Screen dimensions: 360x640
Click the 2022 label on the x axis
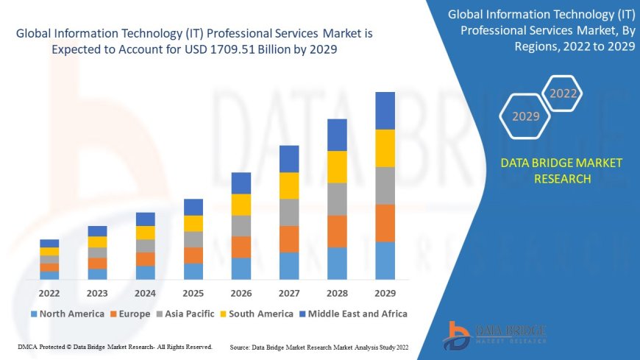pyautogui.click(x=49, y=293)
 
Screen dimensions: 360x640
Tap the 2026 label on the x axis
pyautogui.click(x=241, y=293)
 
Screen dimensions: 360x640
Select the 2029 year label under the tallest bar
pyautogui.click(x=385, y=293)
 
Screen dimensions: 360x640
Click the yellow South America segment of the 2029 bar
pyautogui.click(x=385, y=148)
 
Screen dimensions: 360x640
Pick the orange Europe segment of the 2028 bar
pyautogui.click(x=337, y=231)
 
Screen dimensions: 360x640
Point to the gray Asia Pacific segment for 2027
pyautogui.click(x=289, y=212)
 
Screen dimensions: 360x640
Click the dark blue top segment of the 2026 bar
pyautogui.click(x=241, y=183)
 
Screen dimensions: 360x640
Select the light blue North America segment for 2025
pyautogui.click(x=193, y=272)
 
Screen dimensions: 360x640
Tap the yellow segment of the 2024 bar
pyautogui.click(x=146, y=233)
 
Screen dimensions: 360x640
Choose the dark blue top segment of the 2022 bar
pyautogui.click(x=49, y=243)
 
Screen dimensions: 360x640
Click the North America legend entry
pyautogui.click(x=67, y=314)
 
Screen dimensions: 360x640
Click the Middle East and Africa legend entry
pyautogui.click(x=353, y=314)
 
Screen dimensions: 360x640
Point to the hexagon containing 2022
pyautogui.click(x=563, y=93)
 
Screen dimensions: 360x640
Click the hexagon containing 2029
pyautogui.click(x=525, y=116)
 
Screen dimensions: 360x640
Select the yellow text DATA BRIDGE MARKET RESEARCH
pyautogui.click(x=561, y=171)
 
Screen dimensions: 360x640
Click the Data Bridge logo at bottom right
pyautogui.click(x=494, y=334)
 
